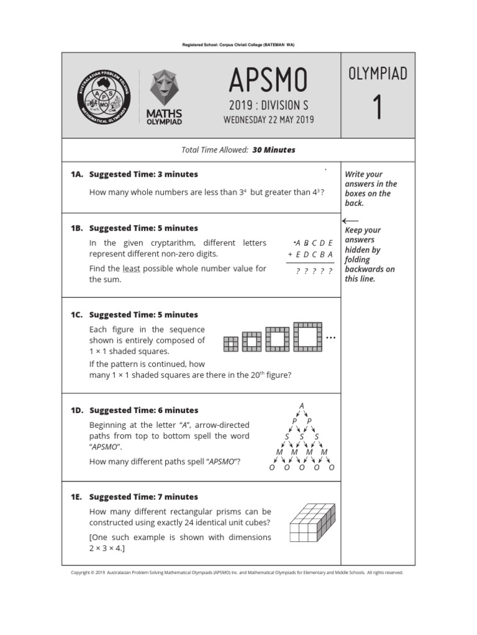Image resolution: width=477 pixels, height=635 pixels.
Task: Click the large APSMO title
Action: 268,80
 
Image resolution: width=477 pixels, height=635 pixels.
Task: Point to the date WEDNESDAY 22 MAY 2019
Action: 268,120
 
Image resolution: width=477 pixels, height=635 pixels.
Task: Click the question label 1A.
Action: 77,174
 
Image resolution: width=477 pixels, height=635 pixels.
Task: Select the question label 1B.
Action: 77,228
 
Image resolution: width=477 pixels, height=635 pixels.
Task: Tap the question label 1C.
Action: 77,314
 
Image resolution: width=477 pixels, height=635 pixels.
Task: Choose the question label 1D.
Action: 77,410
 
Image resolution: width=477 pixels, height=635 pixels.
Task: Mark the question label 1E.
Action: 77,497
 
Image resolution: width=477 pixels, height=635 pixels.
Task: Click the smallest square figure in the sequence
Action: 230,344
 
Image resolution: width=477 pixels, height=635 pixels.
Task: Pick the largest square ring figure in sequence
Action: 307,337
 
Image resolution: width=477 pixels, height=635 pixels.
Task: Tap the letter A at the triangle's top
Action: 302,406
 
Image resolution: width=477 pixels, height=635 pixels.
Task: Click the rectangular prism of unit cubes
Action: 304,523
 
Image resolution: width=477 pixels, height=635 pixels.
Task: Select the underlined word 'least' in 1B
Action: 131,269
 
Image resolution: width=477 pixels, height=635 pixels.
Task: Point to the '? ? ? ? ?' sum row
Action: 314,271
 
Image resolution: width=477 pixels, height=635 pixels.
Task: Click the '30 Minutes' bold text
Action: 274,150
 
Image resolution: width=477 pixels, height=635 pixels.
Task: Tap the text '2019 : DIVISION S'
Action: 268,105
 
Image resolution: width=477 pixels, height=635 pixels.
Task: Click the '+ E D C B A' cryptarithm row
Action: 311,254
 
